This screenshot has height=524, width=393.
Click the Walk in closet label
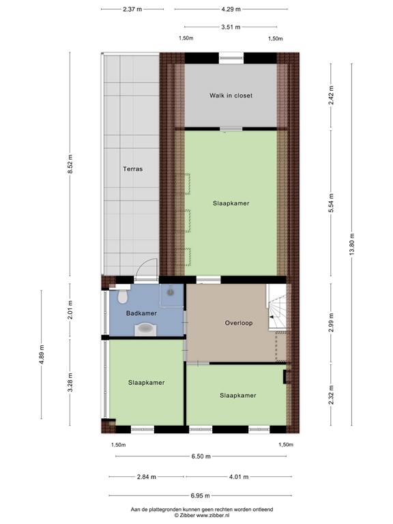[231, 96]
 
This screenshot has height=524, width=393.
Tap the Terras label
[132, 169]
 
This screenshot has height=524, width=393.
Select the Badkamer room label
[142, 313]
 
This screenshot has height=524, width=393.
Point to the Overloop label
[238, 323]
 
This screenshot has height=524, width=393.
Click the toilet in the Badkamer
[123, 297]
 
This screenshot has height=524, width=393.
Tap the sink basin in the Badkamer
[147, 330]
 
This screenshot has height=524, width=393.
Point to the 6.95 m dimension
[201, 496]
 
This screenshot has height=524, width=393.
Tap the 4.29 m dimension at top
[231, 10]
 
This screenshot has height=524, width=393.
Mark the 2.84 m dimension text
[146, 477]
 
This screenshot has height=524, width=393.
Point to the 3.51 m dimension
[231, 27]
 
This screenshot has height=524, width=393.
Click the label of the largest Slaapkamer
[231, 203]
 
